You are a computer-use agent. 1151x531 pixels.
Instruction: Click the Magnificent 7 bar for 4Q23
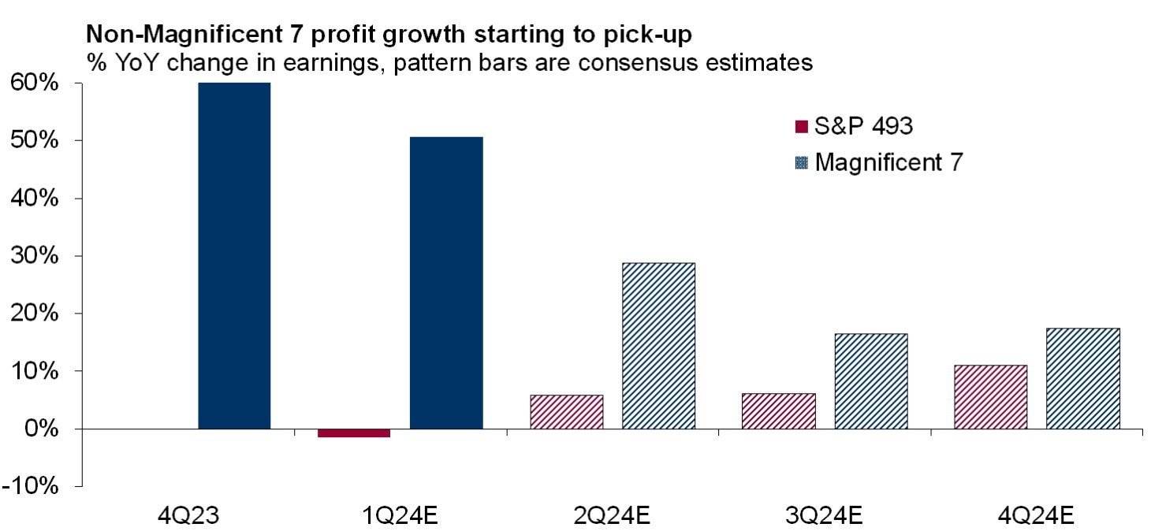pos(234,255)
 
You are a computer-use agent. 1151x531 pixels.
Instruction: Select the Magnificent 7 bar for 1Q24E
pos(446,283)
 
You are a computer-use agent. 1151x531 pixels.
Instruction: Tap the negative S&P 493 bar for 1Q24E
pos(354,433)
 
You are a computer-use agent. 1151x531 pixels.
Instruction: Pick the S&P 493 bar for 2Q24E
pos(567,412)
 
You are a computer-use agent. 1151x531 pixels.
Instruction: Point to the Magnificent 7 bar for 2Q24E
pos(658,346)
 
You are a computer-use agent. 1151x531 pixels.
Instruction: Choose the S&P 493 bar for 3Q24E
pos(779,411)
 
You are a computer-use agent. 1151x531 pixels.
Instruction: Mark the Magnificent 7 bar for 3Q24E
pos(870,381)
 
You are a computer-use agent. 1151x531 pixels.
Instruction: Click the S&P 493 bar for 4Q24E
pos(990,397)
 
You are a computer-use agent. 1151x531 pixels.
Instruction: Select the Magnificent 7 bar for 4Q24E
pos(1082,378)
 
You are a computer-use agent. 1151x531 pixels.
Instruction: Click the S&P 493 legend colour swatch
pos(802,125)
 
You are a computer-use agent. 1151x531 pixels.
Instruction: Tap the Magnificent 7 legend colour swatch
pos(802,163)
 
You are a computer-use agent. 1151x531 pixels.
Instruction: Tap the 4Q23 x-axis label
pos(188,517)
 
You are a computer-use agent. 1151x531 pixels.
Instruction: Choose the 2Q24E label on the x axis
pos(612,517)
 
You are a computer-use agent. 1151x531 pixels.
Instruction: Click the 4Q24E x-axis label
pos(1036,517)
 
